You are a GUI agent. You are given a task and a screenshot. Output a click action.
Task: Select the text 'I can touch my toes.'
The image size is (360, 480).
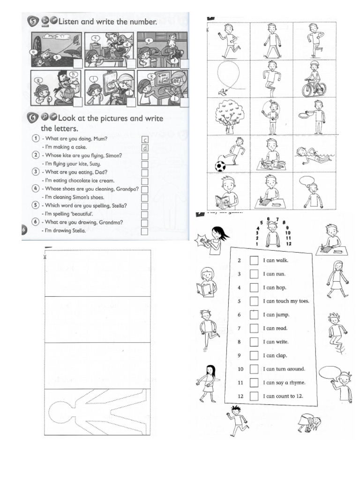[286, 301]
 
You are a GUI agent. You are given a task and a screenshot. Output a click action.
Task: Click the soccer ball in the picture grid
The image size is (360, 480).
[220, 166]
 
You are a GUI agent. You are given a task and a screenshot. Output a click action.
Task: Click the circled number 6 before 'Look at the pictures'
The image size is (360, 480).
[32, 119]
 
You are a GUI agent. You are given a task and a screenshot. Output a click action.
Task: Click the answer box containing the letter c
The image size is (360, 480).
[145, 140]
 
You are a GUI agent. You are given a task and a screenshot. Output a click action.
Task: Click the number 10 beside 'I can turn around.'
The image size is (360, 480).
[240, 369]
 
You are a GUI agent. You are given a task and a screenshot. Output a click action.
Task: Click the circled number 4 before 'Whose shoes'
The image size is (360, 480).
[36, 189]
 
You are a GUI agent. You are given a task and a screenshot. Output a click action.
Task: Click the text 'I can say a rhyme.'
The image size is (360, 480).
[284, 382]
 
